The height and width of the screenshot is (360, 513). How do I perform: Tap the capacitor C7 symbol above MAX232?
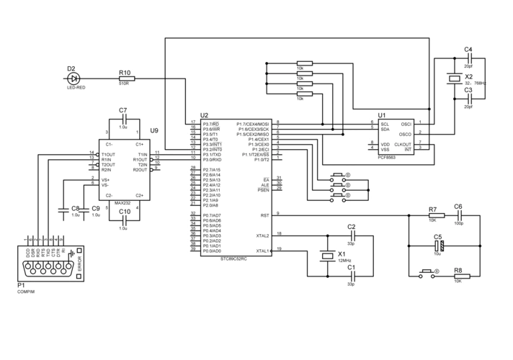tap(123, 119)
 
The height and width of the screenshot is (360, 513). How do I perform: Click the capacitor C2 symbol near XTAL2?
tap(351, 235)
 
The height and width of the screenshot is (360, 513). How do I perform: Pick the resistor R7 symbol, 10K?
tap(432, 215)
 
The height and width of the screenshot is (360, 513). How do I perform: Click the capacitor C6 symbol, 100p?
tap(458, 215)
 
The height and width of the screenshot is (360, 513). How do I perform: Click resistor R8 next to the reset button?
tap(458, 274)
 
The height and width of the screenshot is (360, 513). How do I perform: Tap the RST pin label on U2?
tap(264, 215)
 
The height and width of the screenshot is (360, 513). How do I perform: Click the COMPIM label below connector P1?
tap(26, 292)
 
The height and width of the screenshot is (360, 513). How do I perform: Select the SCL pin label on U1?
tap(385, 123)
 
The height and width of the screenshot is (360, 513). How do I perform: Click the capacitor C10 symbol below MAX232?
tap(123, 220)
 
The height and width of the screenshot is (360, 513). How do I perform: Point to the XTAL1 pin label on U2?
tap(262, 251)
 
